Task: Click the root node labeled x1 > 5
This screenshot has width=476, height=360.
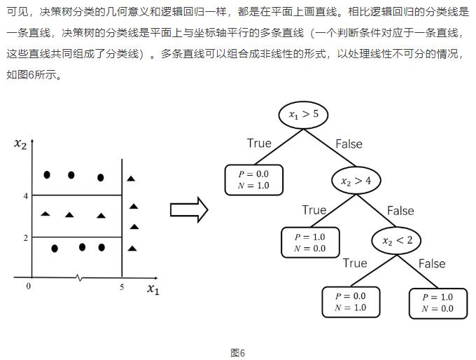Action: coord(303,115)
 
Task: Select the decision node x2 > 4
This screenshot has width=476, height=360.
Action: coord(356,181)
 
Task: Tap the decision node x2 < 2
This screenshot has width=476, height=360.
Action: coord(396,240)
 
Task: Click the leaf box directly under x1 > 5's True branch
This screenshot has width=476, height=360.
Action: coord(254,180)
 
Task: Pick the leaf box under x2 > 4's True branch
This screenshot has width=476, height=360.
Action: coord(310,242)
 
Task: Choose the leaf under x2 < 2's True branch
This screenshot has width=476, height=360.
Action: coord(351,302)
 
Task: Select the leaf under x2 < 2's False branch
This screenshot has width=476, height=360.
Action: coord(438,303)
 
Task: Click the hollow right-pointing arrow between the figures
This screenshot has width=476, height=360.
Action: coord(189,209)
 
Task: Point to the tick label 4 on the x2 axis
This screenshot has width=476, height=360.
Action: coord(26,196)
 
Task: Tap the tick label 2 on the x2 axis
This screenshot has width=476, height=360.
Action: coord(26,238)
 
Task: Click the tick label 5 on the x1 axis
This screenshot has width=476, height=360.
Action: coord(122,286)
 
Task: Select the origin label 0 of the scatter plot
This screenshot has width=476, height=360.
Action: coord(28,286)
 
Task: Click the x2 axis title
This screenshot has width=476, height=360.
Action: coord(20,144)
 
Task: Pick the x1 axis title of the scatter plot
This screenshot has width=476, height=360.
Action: coord(153,289)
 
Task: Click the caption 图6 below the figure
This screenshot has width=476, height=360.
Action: coord(238,353)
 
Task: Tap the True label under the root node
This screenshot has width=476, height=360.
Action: coord(259,143)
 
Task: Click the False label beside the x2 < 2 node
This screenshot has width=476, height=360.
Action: coord(432,263)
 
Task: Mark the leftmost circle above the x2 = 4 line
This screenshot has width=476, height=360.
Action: coord(47,174)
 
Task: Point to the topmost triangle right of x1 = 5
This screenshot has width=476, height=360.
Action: coord(131,179)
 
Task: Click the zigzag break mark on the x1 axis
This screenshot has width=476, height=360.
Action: coord(78,277)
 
